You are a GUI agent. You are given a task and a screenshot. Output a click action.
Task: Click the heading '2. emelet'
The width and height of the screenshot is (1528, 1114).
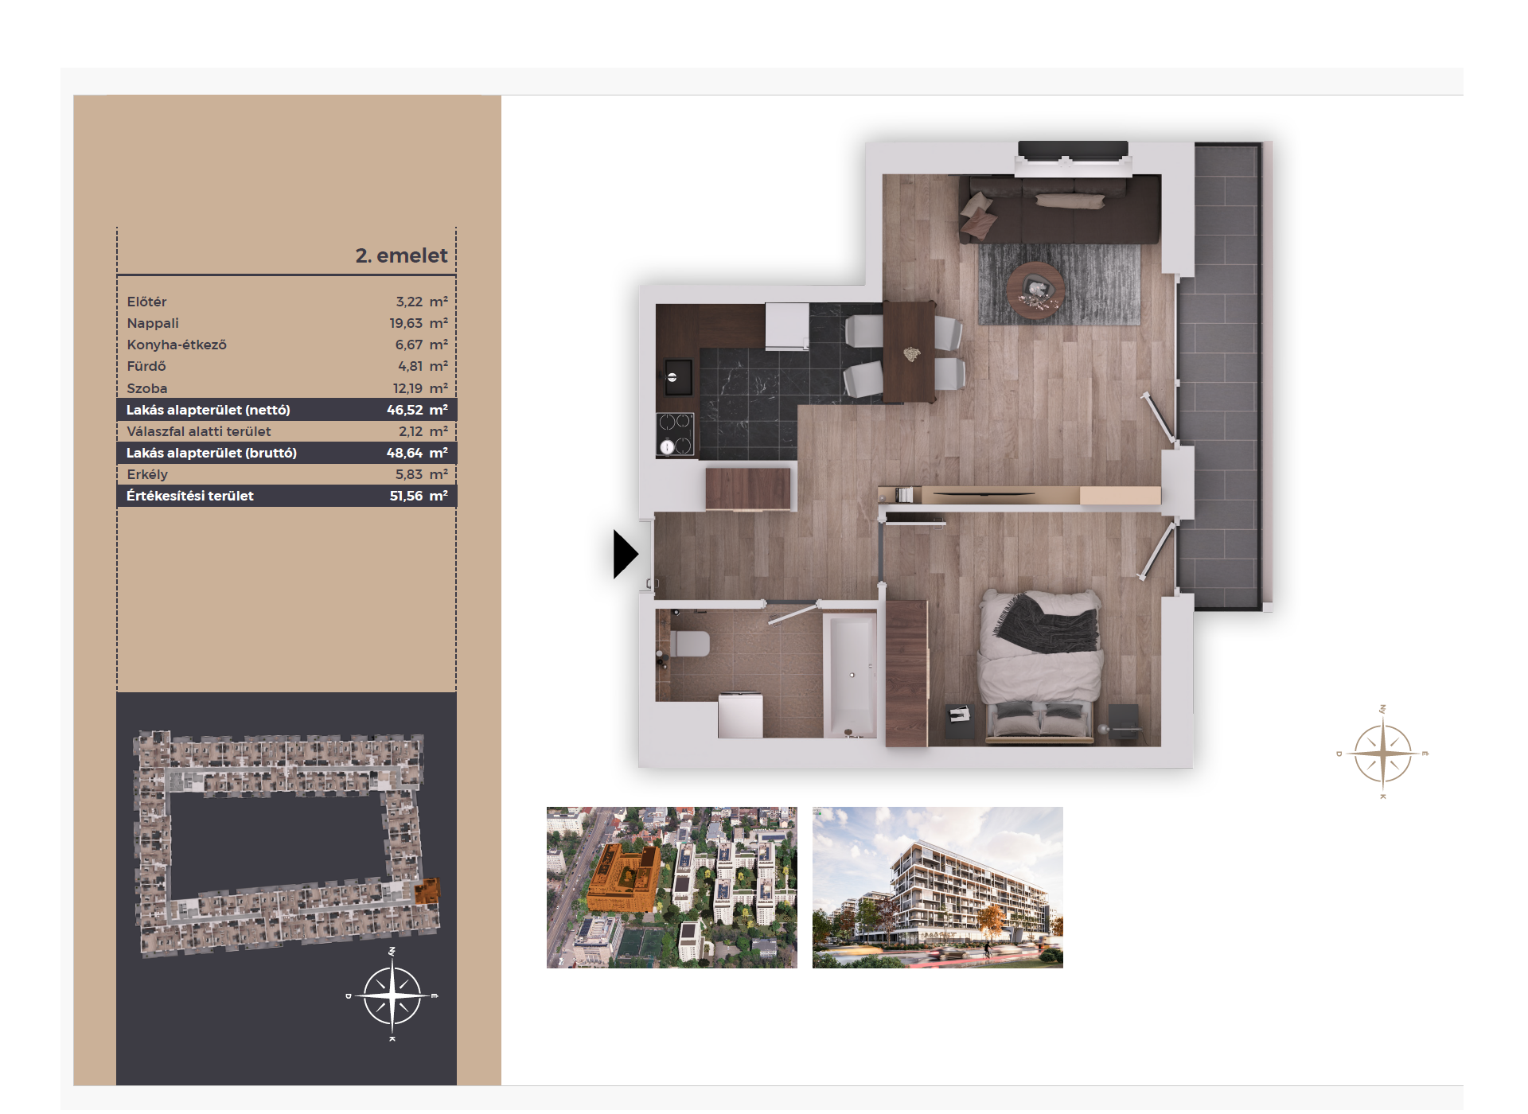401,255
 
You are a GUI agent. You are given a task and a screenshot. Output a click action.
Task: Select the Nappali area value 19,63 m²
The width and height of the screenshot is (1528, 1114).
419,323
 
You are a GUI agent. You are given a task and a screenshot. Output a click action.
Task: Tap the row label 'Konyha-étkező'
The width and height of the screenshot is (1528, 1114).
177,345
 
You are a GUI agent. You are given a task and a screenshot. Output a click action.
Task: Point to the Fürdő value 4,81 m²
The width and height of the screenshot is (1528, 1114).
423,366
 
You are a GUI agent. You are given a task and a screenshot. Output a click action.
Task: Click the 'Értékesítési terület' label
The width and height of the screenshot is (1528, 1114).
190,496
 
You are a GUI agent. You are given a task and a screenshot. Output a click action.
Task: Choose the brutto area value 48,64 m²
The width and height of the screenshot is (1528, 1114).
417,453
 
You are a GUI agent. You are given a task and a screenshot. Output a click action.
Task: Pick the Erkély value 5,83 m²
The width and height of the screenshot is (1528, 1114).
422,474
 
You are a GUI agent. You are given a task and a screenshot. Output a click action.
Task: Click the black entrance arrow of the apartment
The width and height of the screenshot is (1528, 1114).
626,554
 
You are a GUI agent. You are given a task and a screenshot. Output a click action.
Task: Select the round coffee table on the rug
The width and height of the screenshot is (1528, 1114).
1035,290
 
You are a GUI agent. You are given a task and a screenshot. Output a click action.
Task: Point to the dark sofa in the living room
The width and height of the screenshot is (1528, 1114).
1059,208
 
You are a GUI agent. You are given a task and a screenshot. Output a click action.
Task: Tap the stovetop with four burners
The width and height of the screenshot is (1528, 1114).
676,434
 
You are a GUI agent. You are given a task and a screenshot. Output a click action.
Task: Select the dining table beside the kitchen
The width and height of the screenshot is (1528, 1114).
909,351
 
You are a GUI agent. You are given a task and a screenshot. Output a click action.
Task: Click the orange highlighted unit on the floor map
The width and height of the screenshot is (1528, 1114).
427,890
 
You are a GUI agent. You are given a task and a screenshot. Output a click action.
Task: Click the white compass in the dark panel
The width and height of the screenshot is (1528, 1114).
392,995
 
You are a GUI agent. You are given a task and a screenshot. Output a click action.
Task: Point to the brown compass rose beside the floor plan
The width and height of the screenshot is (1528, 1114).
1383,753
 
